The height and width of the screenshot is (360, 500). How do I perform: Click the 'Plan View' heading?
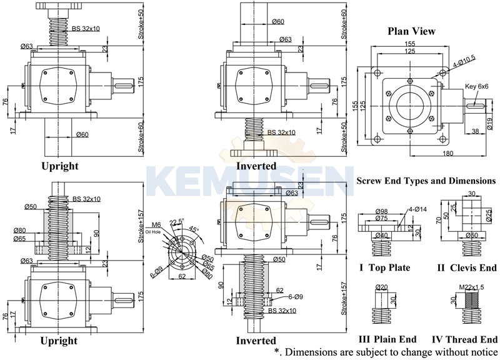[x=411, y=31]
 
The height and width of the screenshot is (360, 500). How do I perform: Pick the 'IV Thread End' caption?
[x=463, y=339]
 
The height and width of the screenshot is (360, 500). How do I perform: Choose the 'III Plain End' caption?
[x=387, y=339]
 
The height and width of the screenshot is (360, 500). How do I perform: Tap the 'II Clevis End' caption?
[x=466, y=268]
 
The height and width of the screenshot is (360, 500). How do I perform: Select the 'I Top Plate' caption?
[x=384, y=268]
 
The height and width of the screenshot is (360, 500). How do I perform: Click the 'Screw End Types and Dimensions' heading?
[x=426, y=181]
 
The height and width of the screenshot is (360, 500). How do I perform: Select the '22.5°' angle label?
[x=176, y=222]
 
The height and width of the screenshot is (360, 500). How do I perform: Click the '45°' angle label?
[x=194, y=229]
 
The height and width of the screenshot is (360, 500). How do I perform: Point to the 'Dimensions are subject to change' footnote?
[x=387, y=352]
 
